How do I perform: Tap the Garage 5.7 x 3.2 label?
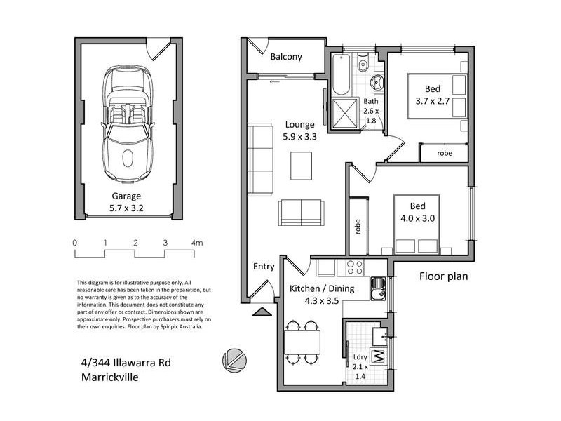point(126,202)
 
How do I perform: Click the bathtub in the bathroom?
point(340,74)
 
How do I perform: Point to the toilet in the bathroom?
point(363,65)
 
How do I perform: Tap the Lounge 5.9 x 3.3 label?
point(299,131)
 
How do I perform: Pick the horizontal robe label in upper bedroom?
point(445,153)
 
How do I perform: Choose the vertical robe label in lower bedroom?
point(358,227)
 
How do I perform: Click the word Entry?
point(264,266)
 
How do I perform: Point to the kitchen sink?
point(379,287)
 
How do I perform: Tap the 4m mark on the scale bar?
point(196,243)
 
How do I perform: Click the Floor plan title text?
point(443,276)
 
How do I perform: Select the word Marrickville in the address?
point(109,377)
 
